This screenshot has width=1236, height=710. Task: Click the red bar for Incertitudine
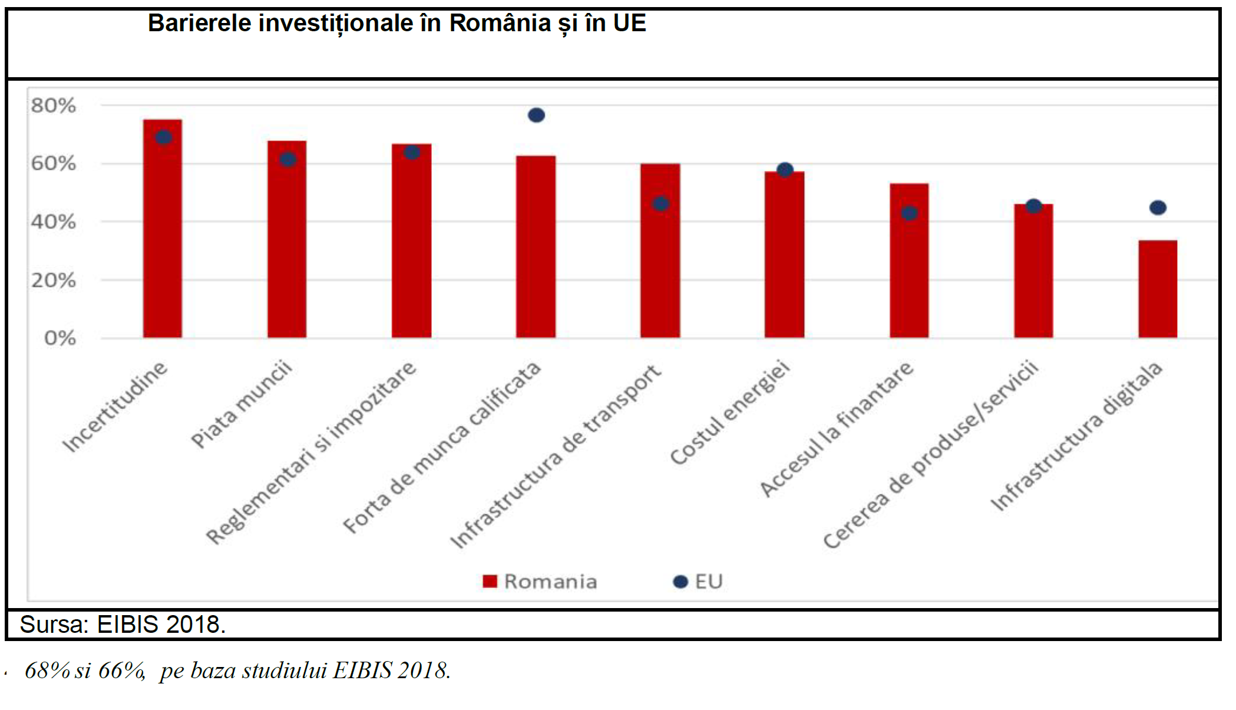tap(163, 236)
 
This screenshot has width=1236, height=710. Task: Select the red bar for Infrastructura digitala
tap(1158, 289)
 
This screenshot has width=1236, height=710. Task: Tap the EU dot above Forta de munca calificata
tap(536, 115)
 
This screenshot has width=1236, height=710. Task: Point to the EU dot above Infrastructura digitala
tap(1158, 207)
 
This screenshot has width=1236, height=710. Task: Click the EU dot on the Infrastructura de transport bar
tap(660, 204)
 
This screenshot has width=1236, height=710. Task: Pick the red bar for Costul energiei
tap(784, 259)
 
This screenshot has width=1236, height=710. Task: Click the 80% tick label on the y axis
tap(54, 106)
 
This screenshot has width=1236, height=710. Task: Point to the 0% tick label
tap(60, 338)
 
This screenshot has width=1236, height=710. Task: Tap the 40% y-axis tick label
tap(54, 222)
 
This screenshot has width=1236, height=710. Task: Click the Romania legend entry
tap(540, 582)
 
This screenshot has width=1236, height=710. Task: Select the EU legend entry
tap(698, 582)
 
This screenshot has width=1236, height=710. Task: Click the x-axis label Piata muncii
tap(242, 404)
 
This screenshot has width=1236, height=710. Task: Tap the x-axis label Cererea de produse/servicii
tap(931, 454)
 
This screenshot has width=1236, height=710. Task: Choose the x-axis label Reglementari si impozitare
tap(311, 453)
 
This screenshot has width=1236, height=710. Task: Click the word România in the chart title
tap(500, 24)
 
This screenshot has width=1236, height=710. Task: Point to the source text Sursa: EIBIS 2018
tap(123, 625)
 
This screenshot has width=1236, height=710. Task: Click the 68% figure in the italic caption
tap(47, 671)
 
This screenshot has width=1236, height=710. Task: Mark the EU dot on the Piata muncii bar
tap(287, 159)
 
